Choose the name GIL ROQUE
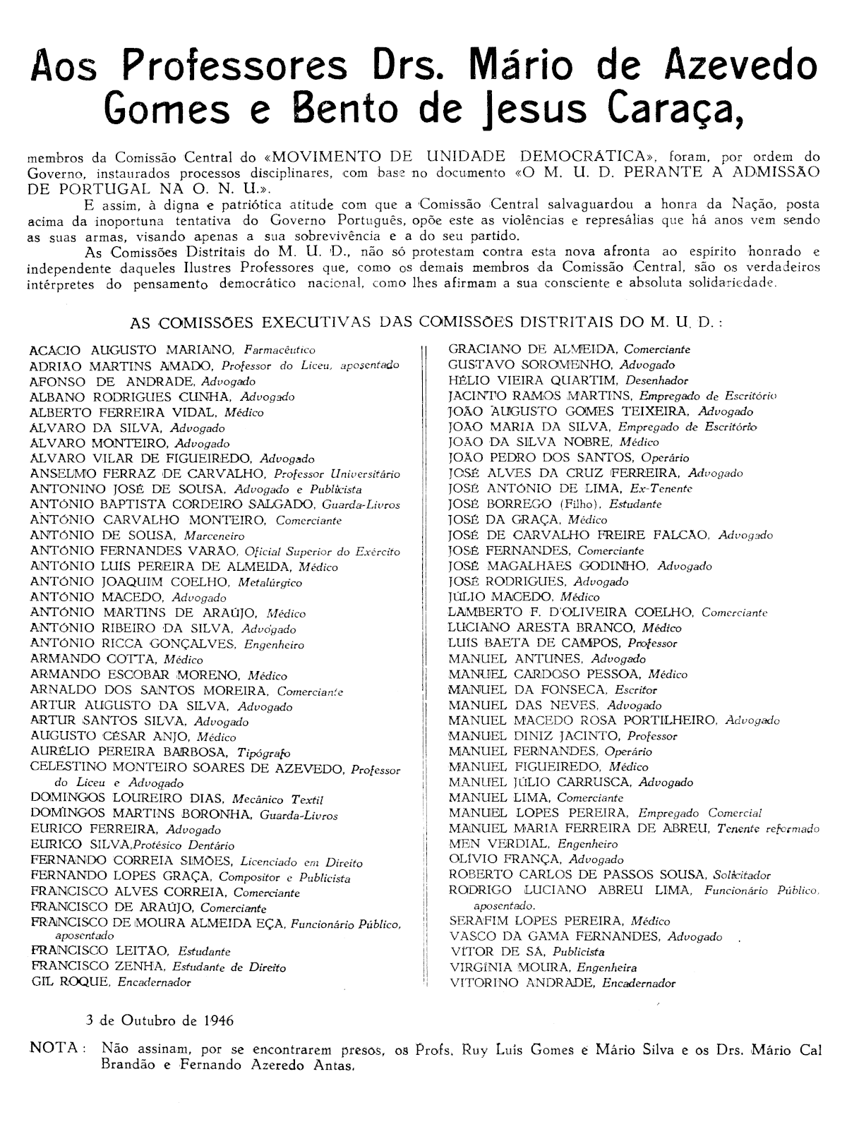point(70,982)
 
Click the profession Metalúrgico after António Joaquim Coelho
point(270,582)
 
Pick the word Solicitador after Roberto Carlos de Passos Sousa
point(741,875)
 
